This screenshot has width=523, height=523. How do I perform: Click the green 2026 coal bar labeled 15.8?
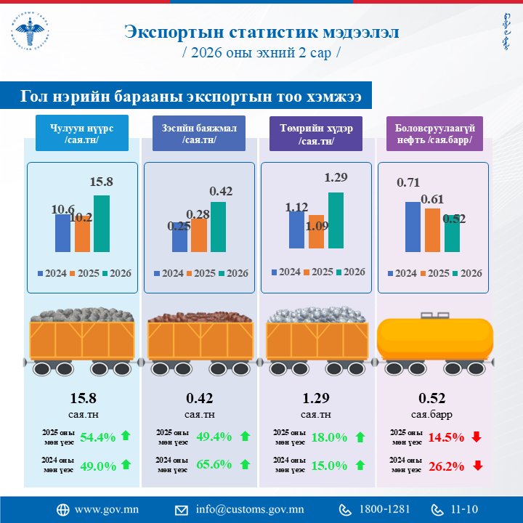coord(102,223)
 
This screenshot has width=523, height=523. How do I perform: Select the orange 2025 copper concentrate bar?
coord(199,235)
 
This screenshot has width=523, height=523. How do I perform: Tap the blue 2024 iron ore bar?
coord(296,230)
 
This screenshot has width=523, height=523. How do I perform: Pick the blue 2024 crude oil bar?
coord(413,226)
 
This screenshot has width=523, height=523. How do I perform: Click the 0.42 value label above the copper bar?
coord(221,191)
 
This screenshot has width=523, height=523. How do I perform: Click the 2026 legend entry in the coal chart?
coord(116,273)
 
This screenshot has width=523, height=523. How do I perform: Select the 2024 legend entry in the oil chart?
coord(402,273)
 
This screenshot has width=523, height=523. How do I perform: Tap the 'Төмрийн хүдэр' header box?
coord(315,134)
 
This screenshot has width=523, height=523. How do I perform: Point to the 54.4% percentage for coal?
coord(98,437)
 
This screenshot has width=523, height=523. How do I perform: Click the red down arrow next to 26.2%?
coord(477,465)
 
